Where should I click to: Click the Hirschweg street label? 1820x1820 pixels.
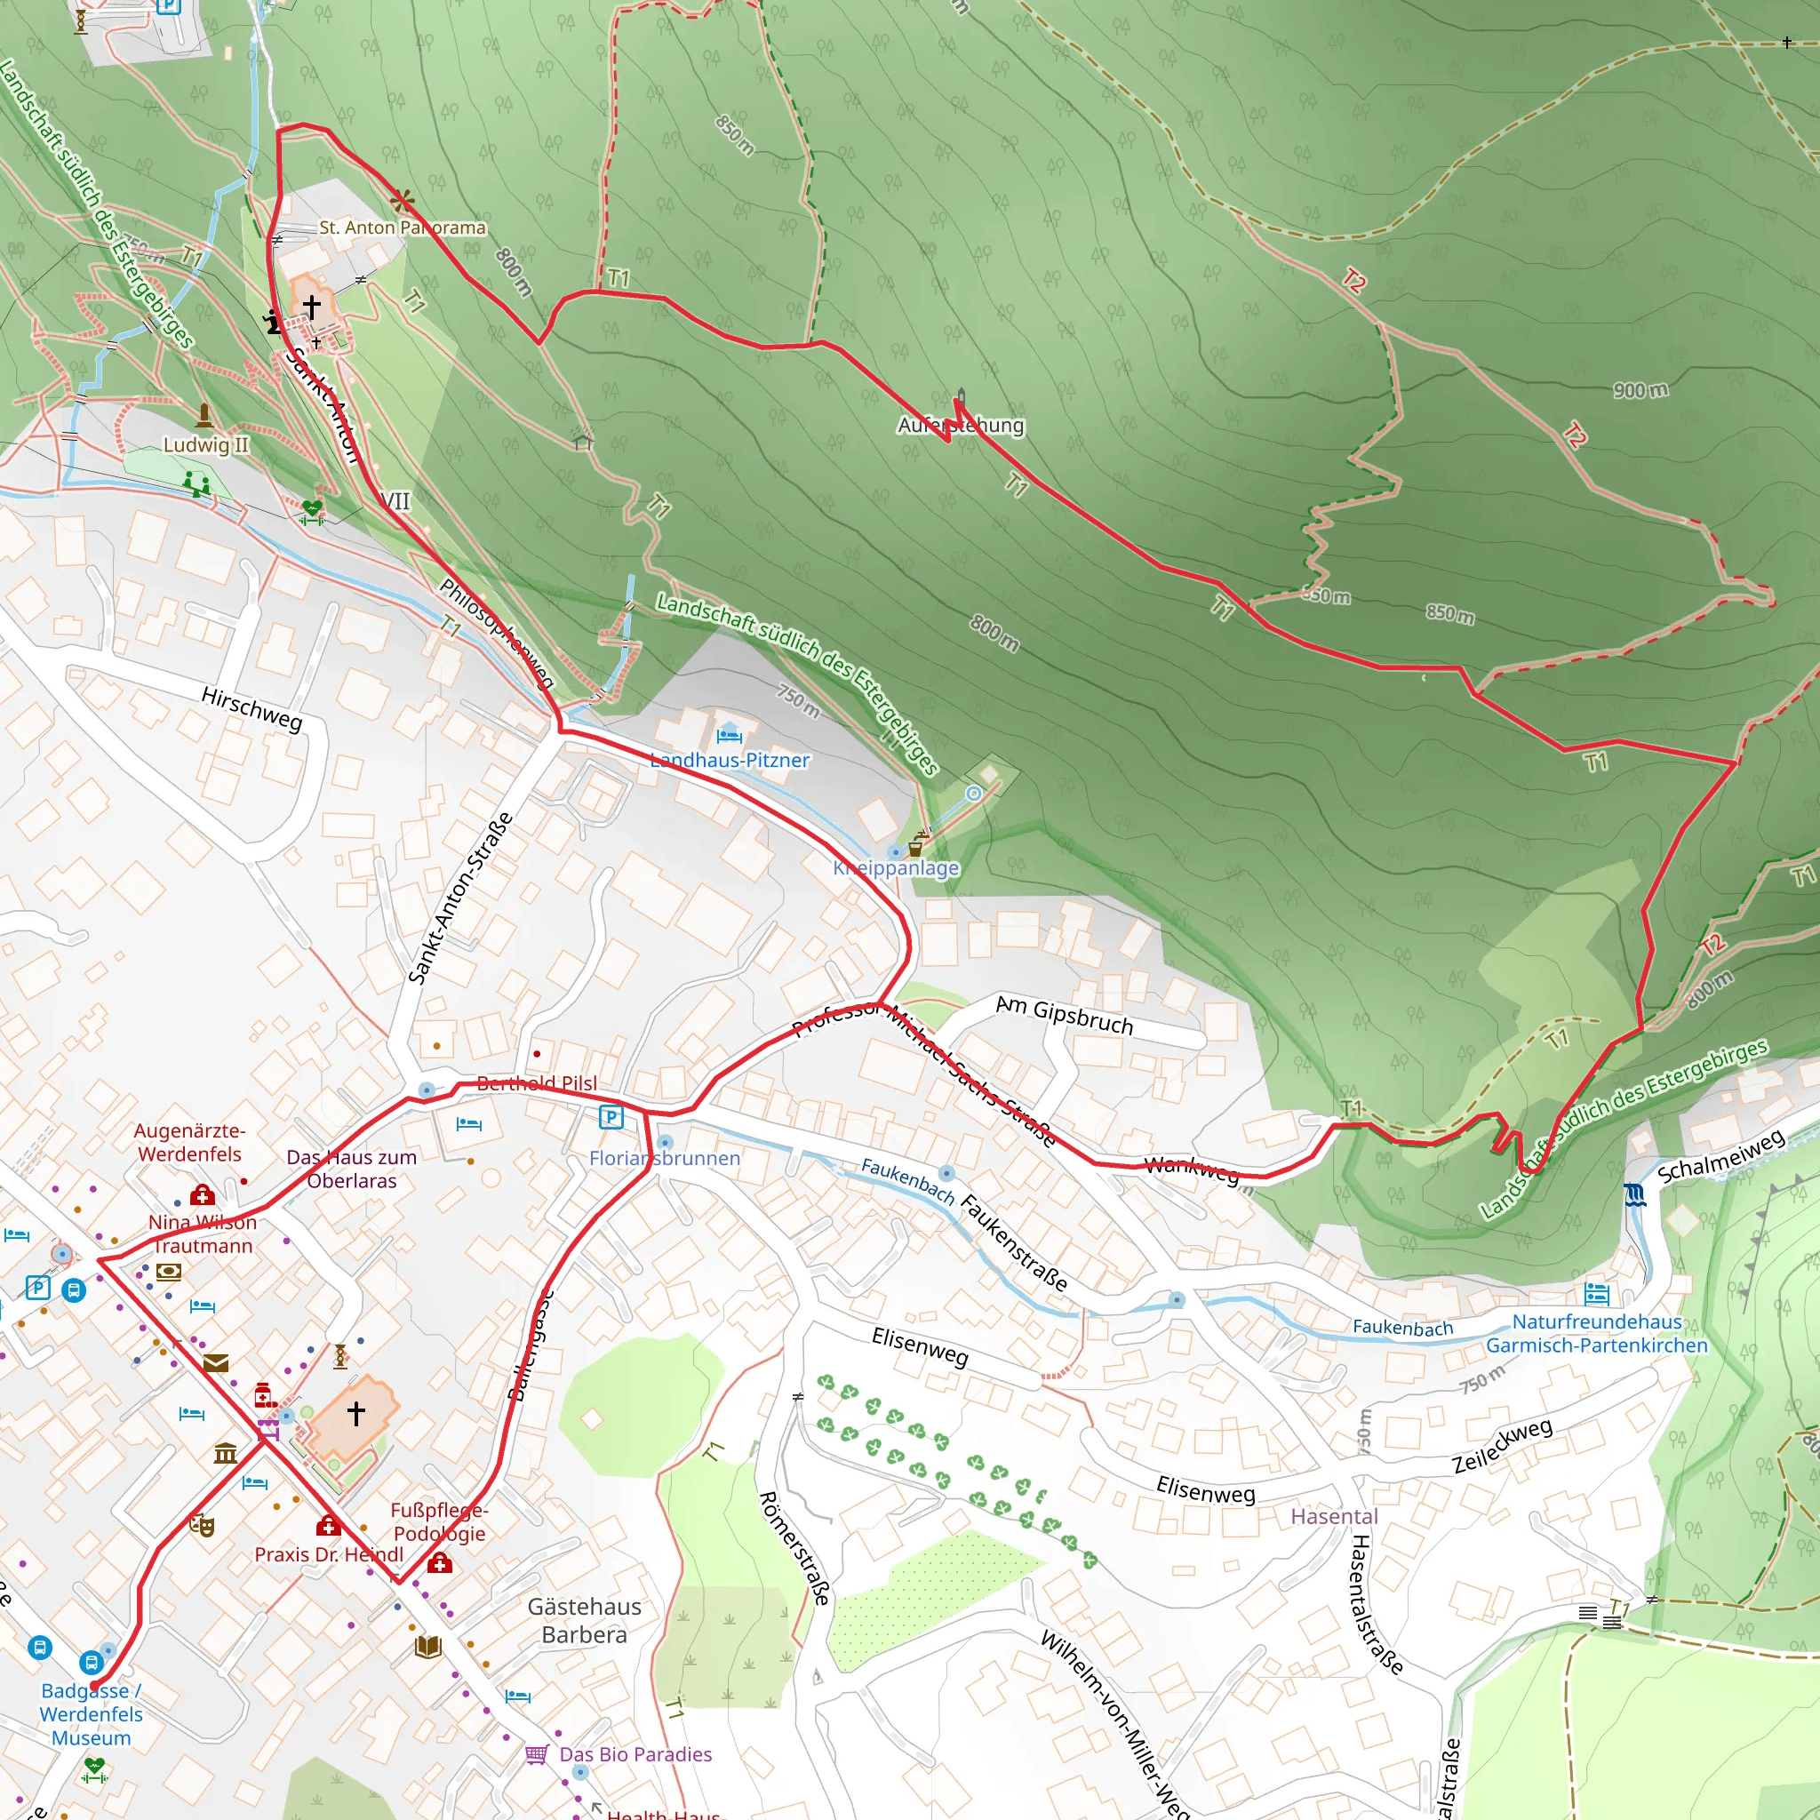click(x=251, y=708)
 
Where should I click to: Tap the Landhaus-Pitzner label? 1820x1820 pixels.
click(x=730, y=760)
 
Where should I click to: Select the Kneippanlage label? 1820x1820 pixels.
click(x=896, y=867)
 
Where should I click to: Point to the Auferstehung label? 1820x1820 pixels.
click(x=960, y=425)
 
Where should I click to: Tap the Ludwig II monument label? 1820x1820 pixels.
click(x=206, y=443)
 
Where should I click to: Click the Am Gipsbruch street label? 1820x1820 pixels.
click(x=1065, y=1016)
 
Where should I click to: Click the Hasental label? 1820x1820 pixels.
click(x=1334, y=1517)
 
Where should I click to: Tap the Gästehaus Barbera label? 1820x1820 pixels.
click(x=584, y=1620)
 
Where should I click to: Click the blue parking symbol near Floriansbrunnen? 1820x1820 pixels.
click(x=611, y=1117)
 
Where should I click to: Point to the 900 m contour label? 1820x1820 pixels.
click(x=1640, y=390)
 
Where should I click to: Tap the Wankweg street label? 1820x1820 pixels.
click(x=1191, y=1169)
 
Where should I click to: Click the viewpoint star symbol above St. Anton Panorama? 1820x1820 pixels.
click(x=403, y=200)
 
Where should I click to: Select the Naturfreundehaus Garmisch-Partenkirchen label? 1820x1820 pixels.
click(x=1597, y=1333)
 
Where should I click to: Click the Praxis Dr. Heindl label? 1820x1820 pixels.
click(x=329, y=1554)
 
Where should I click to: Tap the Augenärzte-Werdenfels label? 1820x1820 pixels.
click(x=189, y=1142)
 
